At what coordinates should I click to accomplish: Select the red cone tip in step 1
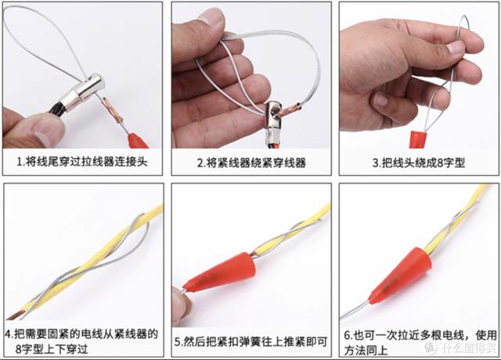point(138,141)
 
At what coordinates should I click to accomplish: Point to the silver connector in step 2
point(272,119)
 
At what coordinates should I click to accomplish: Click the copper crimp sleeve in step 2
point(288,110)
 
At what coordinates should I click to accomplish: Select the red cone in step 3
point(418,139)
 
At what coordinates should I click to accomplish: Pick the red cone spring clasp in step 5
point(221,272)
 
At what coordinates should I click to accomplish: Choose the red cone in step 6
point(400,275)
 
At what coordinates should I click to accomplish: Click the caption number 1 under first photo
point(20,162)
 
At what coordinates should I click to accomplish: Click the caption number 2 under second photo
point(200,163)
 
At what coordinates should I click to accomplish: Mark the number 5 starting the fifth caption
point(178,342)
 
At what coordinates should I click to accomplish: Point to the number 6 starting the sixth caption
point(348,336)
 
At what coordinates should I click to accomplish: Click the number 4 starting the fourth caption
point(9,334)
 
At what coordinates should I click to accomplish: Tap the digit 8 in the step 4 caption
point(19,348)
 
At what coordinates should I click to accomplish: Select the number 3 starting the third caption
point(376,164)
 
